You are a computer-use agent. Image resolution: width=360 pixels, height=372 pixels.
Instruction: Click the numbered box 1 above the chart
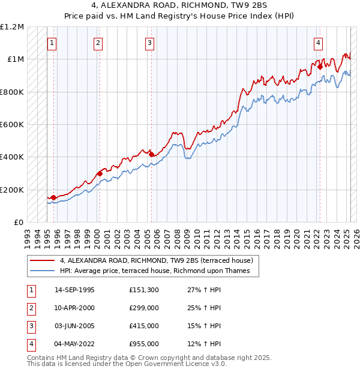coord(53,43)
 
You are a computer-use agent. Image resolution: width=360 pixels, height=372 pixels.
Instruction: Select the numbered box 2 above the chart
coord(98,43)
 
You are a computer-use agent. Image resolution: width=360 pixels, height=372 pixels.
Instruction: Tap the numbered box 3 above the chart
coord(149,43)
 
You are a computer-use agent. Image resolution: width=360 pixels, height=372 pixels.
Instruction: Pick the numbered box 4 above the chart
coord(317,43)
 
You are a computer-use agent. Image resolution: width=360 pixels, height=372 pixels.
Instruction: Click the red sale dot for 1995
coord(53,197)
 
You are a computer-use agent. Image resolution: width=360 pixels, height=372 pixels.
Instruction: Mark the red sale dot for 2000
coord(99,173)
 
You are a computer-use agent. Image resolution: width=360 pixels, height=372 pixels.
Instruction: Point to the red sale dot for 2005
coord(151,154)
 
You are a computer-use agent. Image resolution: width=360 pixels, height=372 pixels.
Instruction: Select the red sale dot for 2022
coord(320,67)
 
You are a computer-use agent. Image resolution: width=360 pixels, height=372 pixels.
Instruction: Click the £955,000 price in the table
coord(144,344)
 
